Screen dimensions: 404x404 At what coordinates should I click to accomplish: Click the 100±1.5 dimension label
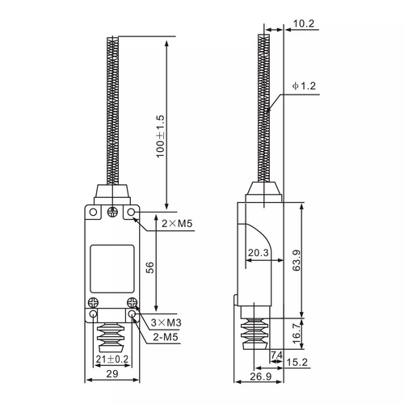pyautogui.click(x=160, y=137)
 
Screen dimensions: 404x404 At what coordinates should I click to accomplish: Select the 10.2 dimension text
pyautogui.click(x=304, y=23)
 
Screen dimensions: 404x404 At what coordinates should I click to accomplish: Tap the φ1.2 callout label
pyautogui.click(x=304, y=86)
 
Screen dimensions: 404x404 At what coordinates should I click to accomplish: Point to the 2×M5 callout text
pyautogui.click(x=177, y=223)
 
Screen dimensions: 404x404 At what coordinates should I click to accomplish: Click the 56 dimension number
pyautogui.click(x=149, y=267)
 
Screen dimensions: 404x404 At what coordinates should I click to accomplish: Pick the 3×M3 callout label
pyautogui.click(x=166, y=322)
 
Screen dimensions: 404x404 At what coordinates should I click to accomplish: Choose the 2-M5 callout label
pyautogui.click(x=166, y=337)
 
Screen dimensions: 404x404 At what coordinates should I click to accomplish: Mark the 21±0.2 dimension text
pyautogui.click(x=112, y=359)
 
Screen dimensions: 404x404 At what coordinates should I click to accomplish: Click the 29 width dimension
pyautogui.click(x=112, y=373)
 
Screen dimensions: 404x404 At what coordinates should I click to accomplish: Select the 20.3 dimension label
pyautogui.click(x=259, y=253)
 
